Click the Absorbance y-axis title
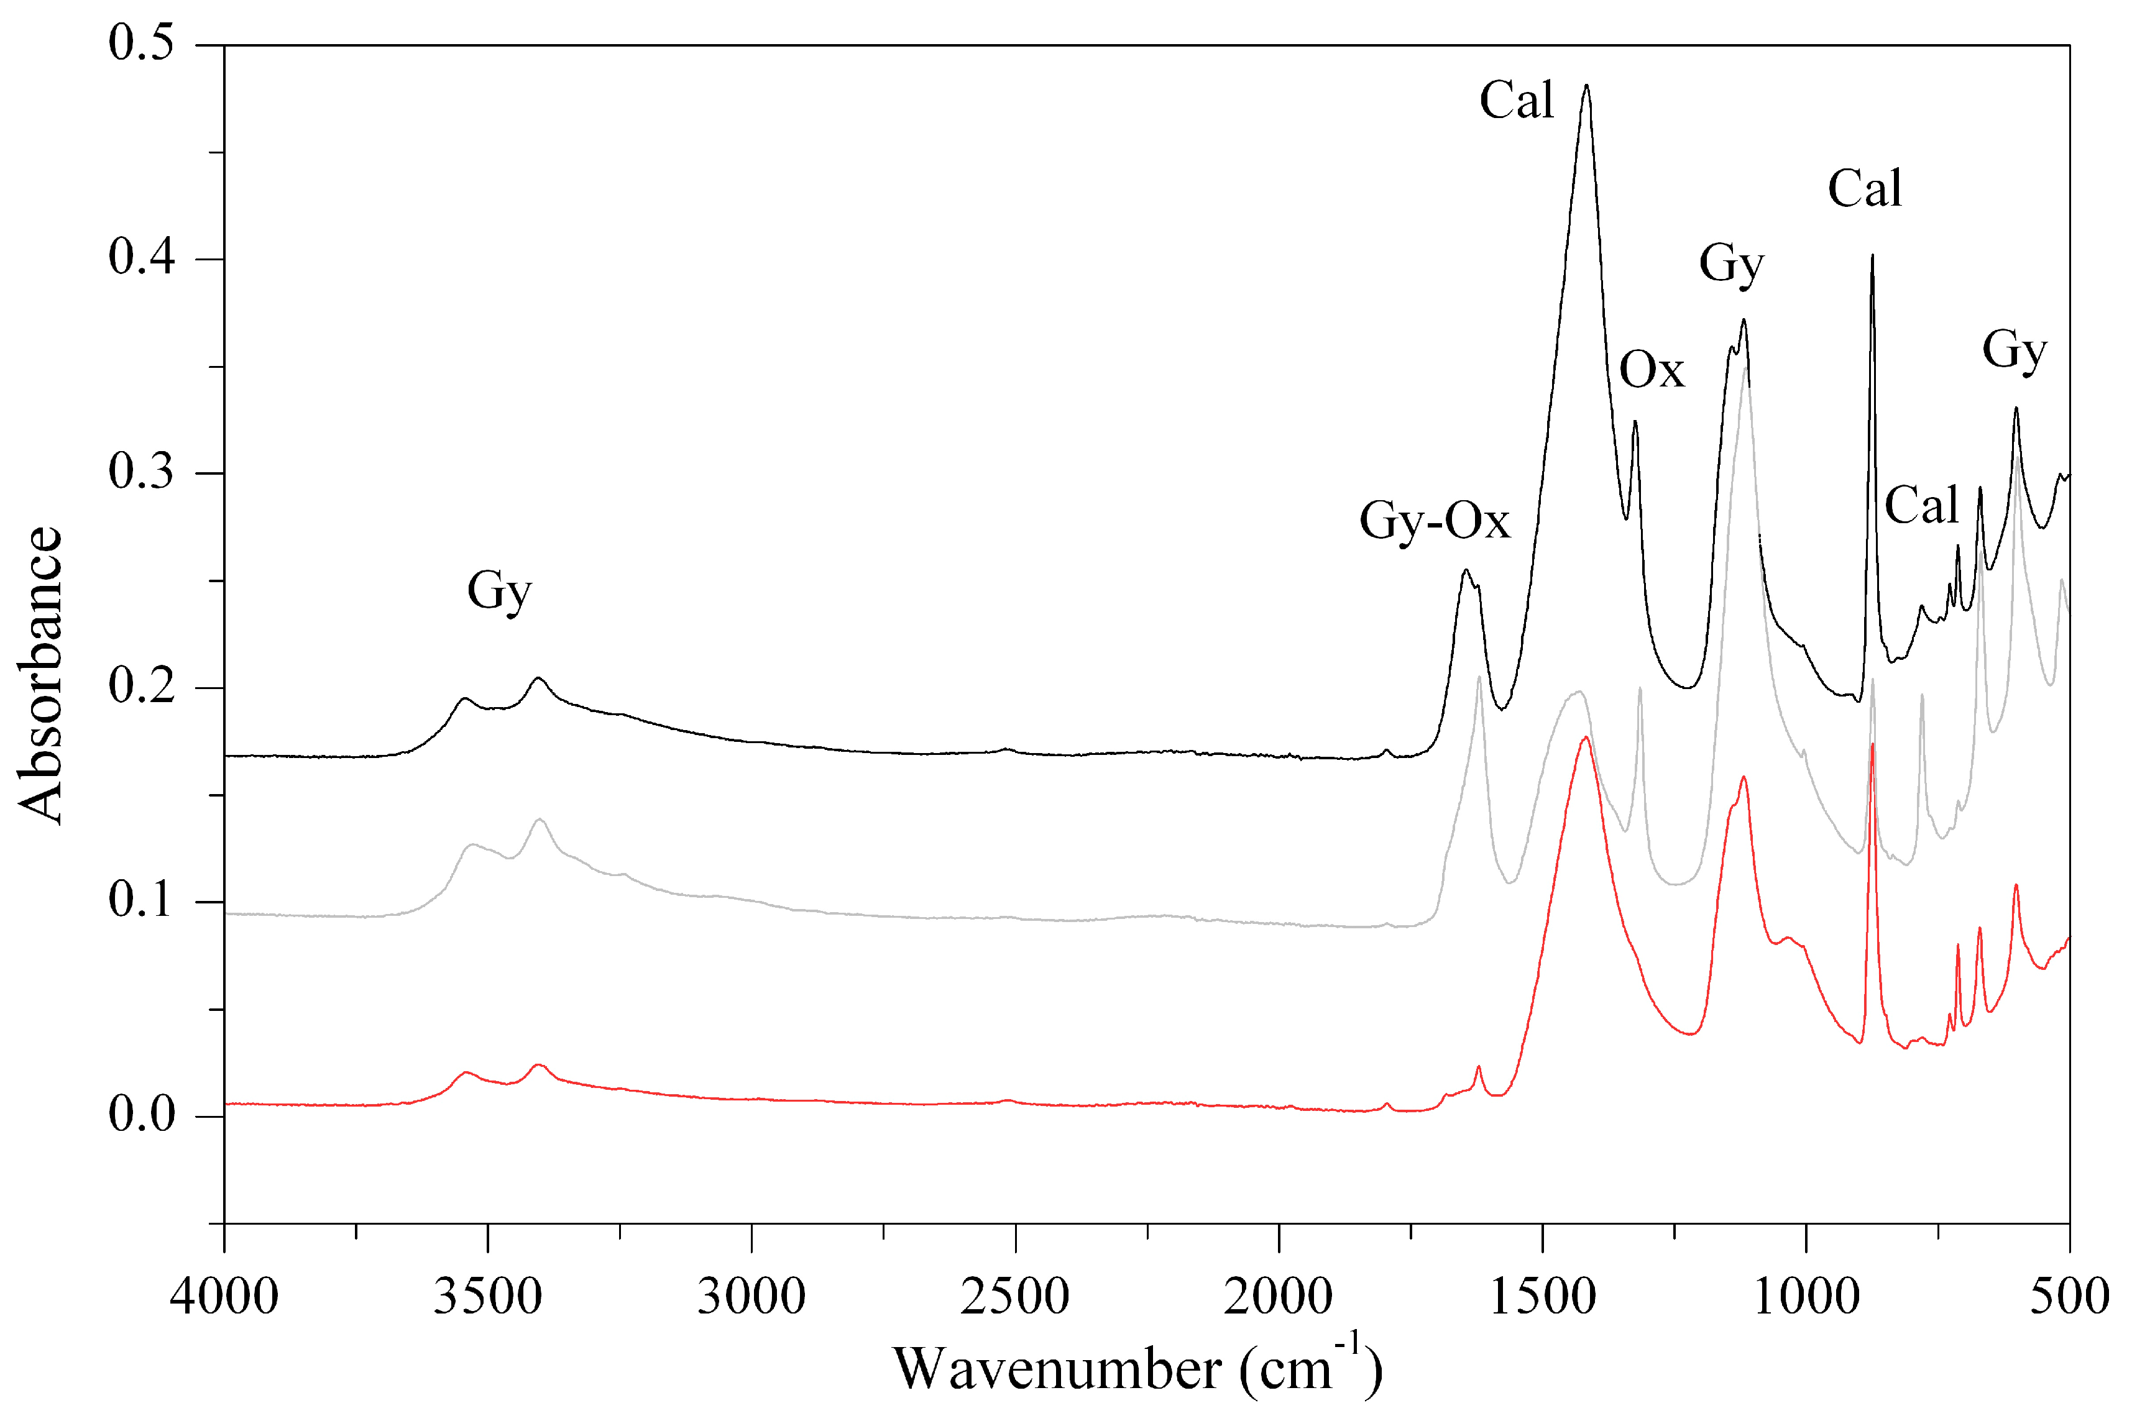click(41, 675)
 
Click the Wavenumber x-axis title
click(1137, 1368)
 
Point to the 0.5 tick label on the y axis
click(142, 43)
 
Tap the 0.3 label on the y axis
click(142, 472)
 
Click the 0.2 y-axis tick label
click(142, 687)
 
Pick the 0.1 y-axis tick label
click(142, 901)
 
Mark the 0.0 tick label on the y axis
click(142, 1115)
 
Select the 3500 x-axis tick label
click(488, 1297)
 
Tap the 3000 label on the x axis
click(751, 1297)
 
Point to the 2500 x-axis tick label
click(1015, 1297)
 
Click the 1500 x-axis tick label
click(1542, 1297)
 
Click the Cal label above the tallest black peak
click(1517, 101)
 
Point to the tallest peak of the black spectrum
click(1586, 86)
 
